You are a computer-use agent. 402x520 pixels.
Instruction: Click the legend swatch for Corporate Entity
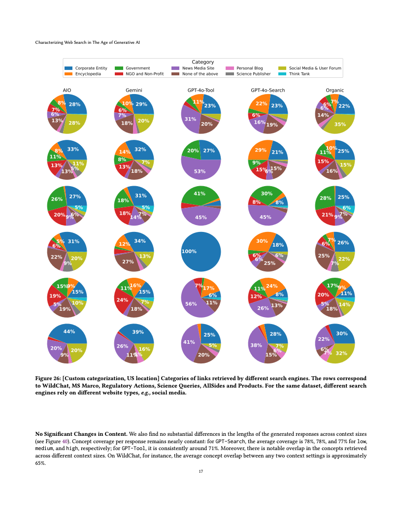68,68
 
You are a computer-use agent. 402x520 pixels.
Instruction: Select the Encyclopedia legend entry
88,74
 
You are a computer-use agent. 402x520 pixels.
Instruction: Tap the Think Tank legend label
299,74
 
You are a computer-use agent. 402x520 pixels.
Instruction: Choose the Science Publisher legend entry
253,74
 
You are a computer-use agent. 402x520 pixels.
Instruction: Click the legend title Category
202,62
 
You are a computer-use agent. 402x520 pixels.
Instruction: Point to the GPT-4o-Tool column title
201,91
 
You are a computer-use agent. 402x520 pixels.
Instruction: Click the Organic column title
335,91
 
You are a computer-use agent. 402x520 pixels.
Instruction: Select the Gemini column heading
134,91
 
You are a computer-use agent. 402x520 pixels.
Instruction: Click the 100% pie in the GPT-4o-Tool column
201,251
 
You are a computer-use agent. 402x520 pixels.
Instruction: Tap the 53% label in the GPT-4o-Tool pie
200,171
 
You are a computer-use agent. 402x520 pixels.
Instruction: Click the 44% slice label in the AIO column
69,331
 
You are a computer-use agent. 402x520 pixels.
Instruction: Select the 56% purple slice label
191,304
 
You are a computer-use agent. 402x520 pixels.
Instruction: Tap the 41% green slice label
199,194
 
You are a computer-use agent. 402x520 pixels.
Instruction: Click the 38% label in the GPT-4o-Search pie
256,345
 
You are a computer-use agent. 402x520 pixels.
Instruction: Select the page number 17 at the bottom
201,471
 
